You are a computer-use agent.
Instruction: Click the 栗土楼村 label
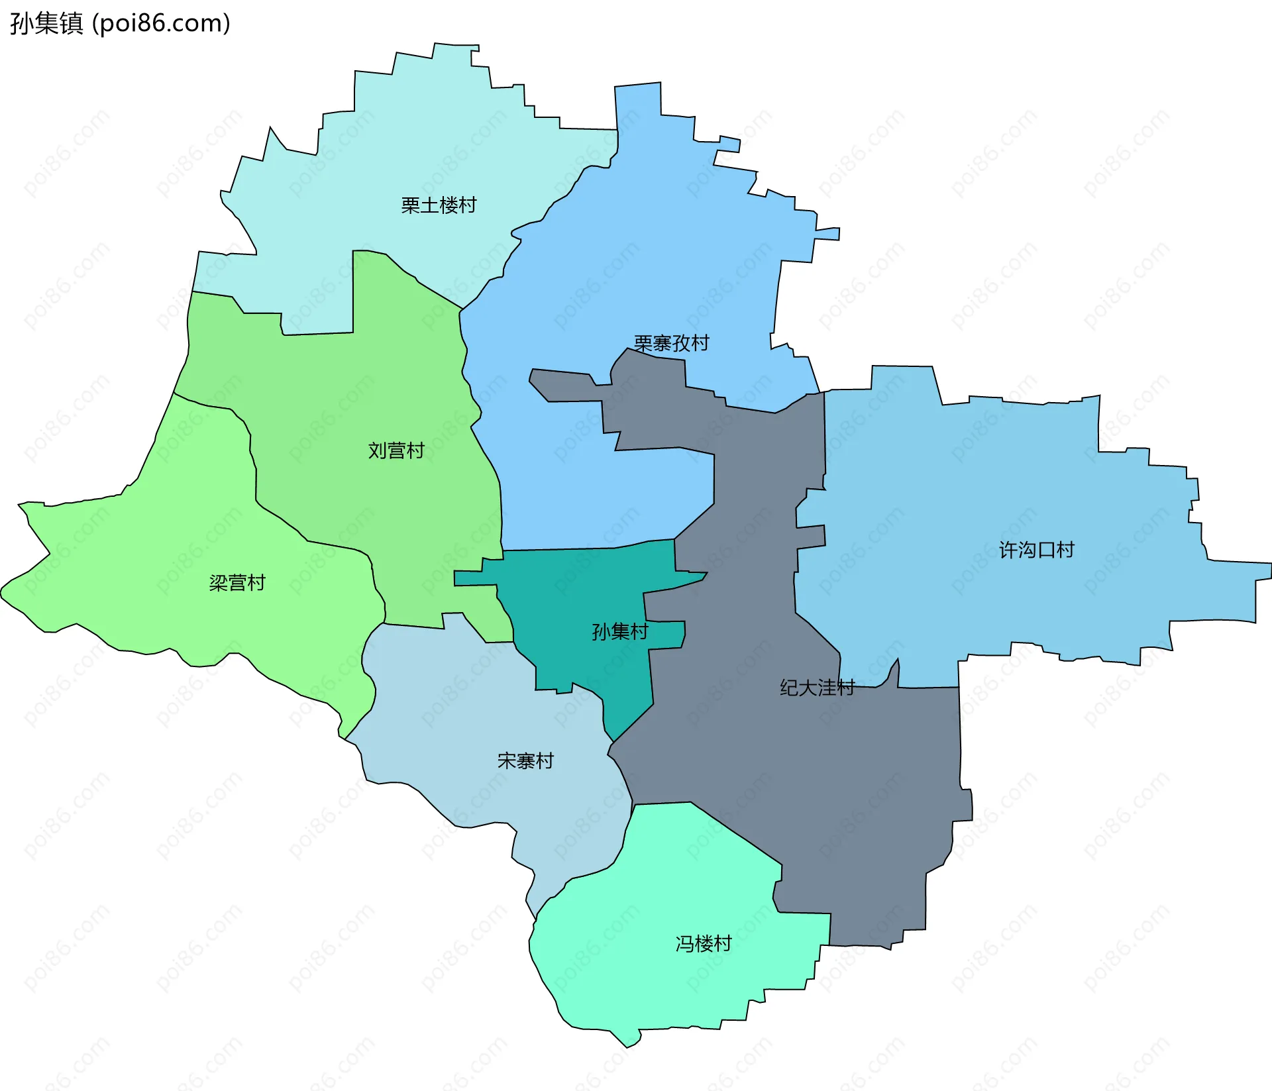439,205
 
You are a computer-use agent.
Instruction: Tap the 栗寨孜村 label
671,343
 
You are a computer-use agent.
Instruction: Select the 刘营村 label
396,450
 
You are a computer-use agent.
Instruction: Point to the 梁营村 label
237,583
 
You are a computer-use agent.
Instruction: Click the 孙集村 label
619,631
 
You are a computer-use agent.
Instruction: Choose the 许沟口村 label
1036,550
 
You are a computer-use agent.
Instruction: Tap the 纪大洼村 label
817,688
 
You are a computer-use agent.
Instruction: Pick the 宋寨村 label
525,760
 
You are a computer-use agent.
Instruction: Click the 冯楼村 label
704,943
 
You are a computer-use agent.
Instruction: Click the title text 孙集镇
46,24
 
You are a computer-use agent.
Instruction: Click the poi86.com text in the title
161,24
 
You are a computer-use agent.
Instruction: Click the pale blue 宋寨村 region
464,715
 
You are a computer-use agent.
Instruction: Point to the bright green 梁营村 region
166,563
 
